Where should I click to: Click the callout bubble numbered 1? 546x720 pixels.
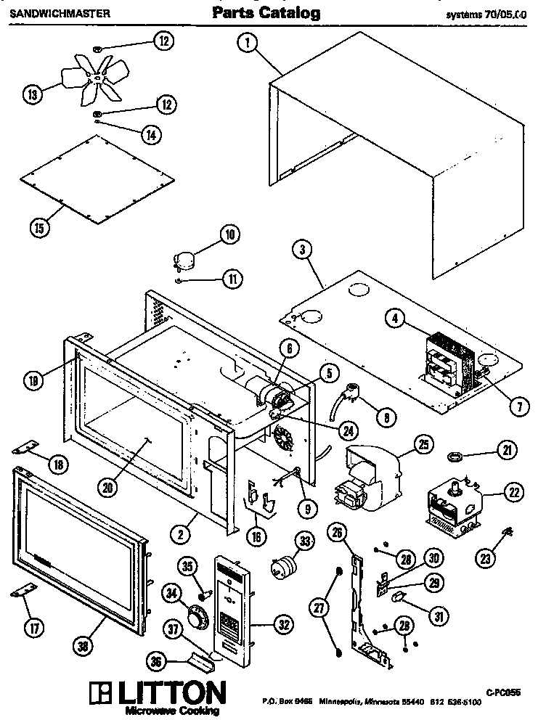pyautogui.click(x=248, y=44)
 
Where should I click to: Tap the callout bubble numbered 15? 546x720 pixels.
pyautogui.click(x=41, y=227)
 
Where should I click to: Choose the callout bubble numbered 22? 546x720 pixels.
pyautogui.click(x=514, y=492)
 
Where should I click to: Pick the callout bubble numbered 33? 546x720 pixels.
pyautogui.click(x=304, y=541)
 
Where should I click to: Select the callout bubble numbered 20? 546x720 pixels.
pyautogui.click(x=108, y=488)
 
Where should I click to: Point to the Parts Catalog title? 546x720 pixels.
pyautogui.click(x=266, y=13)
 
